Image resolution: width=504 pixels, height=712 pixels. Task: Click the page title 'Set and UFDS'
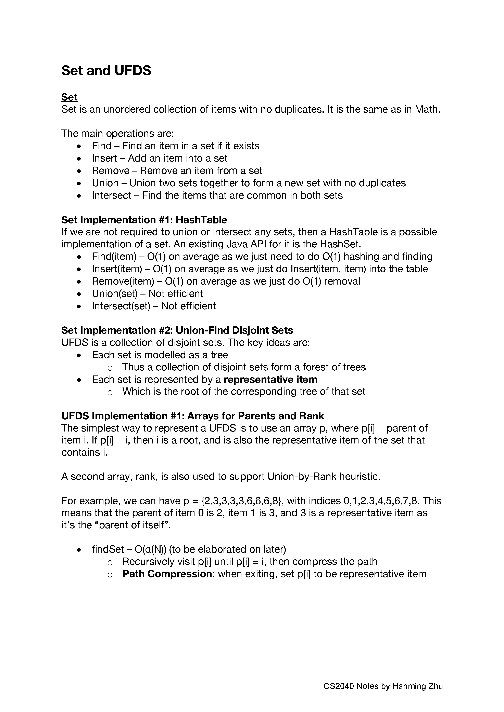pyautogui.click(x=106, y=71)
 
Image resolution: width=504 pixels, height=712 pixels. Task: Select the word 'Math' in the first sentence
pyautogui.click(x=427, y=109)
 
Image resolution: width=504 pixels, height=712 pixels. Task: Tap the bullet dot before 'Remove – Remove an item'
pyautogui.click(x=79, y=171)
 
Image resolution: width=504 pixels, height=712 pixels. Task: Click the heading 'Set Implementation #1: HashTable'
pyautogui.click(x=144, y=220)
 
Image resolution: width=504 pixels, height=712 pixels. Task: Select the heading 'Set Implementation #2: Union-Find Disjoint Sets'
pyautogui.click(x=177, y=330)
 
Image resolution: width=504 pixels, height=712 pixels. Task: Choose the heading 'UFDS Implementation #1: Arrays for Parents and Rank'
pyautogui.click(x=192, y=416)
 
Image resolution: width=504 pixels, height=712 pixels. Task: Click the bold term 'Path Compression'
pyautogui.click(x=167, y=574)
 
